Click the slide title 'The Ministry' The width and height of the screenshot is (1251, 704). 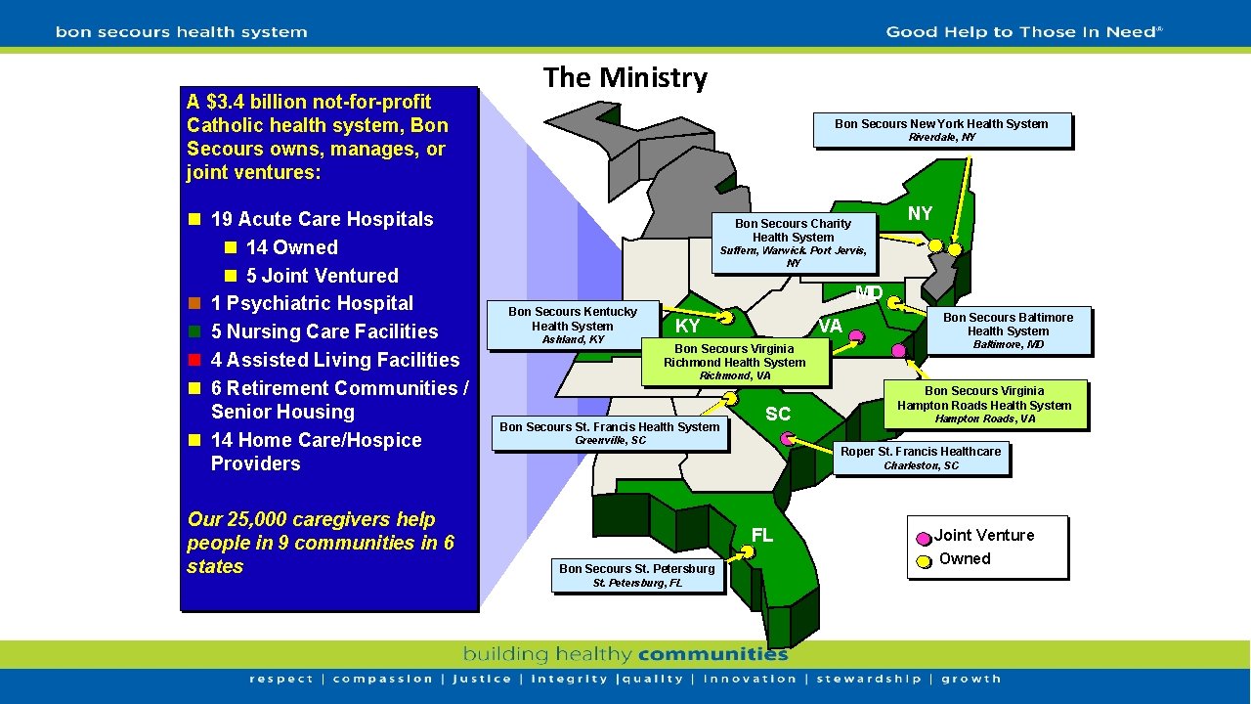pos(625,77)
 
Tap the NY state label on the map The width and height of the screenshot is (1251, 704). pos(920,213)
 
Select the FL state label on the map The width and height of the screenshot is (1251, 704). pos(762,535)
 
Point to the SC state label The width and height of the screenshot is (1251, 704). pos(778,415)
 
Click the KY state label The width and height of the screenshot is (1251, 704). pos(688,326)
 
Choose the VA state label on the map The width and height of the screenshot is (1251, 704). pos(830,326)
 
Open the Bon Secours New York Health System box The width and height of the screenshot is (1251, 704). pos(942,130)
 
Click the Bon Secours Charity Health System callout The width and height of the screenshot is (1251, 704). pos(793,242)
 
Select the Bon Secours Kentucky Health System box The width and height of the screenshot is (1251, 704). pos(573,325)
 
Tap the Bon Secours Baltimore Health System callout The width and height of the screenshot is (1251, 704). pos(1008,330)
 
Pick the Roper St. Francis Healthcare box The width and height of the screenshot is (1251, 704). pos(921,458)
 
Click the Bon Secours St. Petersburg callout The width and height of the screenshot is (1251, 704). pos(636,575)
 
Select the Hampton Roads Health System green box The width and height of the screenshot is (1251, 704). pos(984,404)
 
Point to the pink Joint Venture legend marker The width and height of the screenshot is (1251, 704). pos(924,538)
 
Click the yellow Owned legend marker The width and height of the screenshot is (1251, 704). pos(924,561)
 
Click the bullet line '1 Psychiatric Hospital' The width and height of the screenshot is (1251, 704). pos(312,303)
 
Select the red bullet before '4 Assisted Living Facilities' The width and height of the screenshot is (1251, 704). pos(194,360)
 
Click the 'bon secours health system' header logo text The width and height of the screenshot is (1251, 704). pos(182,32)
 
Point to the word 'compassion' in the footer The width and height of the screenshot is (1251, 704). pos(382,679)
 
